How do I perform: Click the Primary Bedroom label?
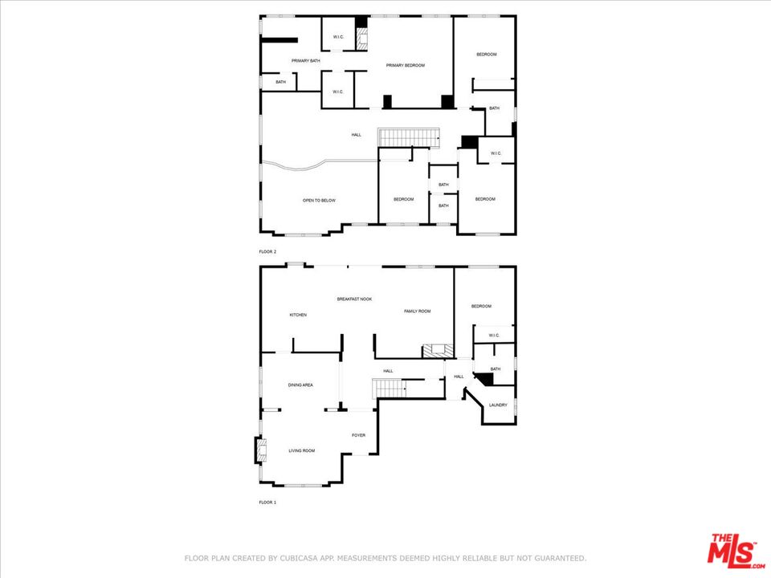click(405, 65)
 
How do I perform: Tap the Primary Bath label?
click(305, 61)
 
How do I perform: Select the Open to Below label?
click(319, 201)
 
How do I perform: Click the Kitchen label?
click(298, 315)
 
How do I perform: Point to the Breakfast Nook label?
click(354, 299)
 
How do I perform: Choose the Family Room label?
click(418, 311)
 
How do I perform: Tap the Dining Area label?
click(300, 385)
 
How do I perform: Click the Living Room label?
click(301, 450)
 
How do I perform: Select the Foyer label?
click(358, 435)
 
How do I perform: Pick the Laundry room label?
click(498, 405)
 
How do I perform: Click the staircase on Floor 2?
click(409, 137)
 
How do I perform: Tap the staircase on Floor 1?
click(389, 389)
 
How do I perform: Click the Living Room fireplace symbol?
click(261, 450)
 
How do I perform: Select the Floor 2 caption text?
click(267, 251)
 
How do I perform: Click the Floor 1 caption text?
click(267, 503)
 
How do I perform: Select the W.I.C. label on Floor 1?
click(494, 336)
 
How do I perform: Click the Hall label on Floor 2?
click(357, 135)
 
